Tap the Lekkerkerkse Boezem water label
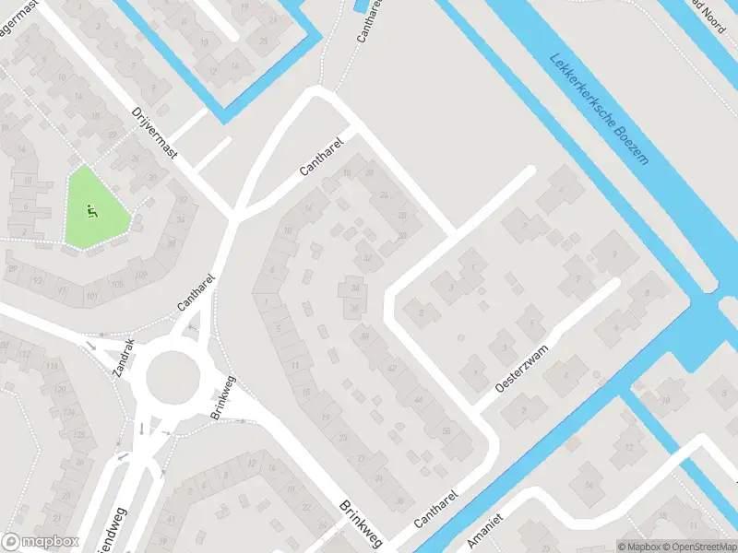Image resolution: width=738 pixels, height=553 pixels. [x=600, y=108]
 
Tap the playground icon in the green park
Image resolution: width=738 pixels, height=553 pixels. [x=90, y=210]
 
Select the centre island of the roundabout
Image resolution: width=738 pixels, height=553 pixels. [x=173, y=376]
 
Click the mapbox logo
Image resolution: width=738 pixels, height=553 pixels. [x=39, y=542]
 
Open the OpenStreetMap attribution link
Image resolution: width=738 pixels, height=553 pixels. [x=694, y=546]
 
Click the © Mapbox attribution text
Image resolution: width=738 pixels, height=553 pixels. [x=637, y=546]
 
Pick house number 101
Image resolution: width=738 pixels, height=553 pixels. [x=92, y=295]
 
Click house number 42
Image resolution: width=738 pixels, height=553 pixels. [x=392, y=369]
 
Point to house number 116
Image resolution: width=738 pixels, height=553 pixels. [x=53, y=367]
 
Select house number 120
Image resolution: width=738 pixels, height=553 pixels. [x=62, y=390]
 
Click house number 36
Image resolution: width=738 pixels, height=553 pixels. [x=354, y=308]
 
